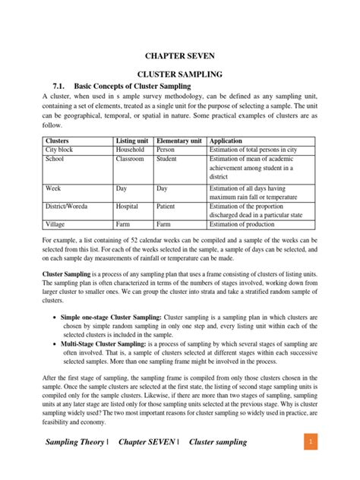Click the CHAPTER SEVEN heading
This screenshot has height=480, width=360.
(x=179, y=56)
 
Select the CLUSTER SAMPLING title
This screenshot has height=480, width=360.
(x=179, y=76)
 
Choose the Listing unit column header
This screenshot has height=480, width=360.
(x=132, y=141)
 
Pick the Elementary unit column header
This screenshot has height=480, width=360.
(x=179, y=141)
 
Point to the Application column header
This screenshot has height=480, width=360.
(x=228, y=141)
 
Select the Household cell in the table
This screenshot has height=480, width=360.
(x=131, y=150)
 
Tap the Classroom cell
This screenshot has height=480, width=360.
(x=130, y=159)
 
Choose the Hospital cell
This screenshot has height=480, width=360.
(x=128, y=206)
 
